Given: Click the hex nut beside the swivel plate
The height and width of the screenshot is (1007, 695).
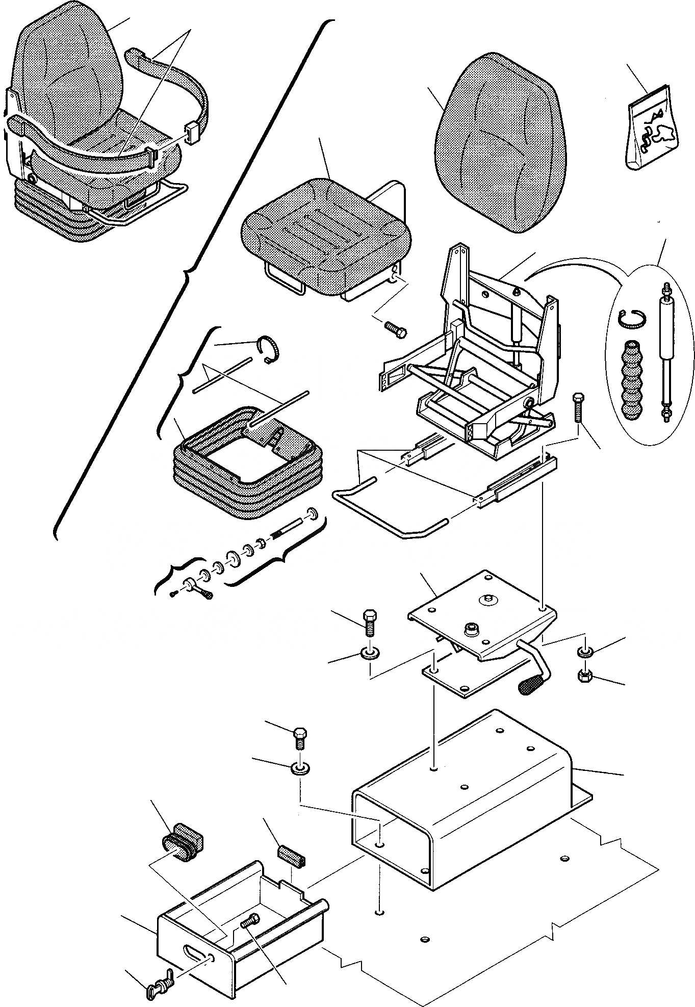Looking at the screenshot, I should (584, 676).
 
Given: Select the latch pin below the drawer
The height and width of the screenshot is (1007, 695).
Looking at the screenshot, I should (158, 975).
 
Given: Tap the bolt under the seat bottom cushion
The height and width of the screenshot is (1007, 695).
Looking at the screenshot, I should (396, 328).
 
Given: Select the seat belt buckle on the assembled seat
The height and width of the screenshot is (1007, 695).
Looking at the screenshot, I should (192, 134).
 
